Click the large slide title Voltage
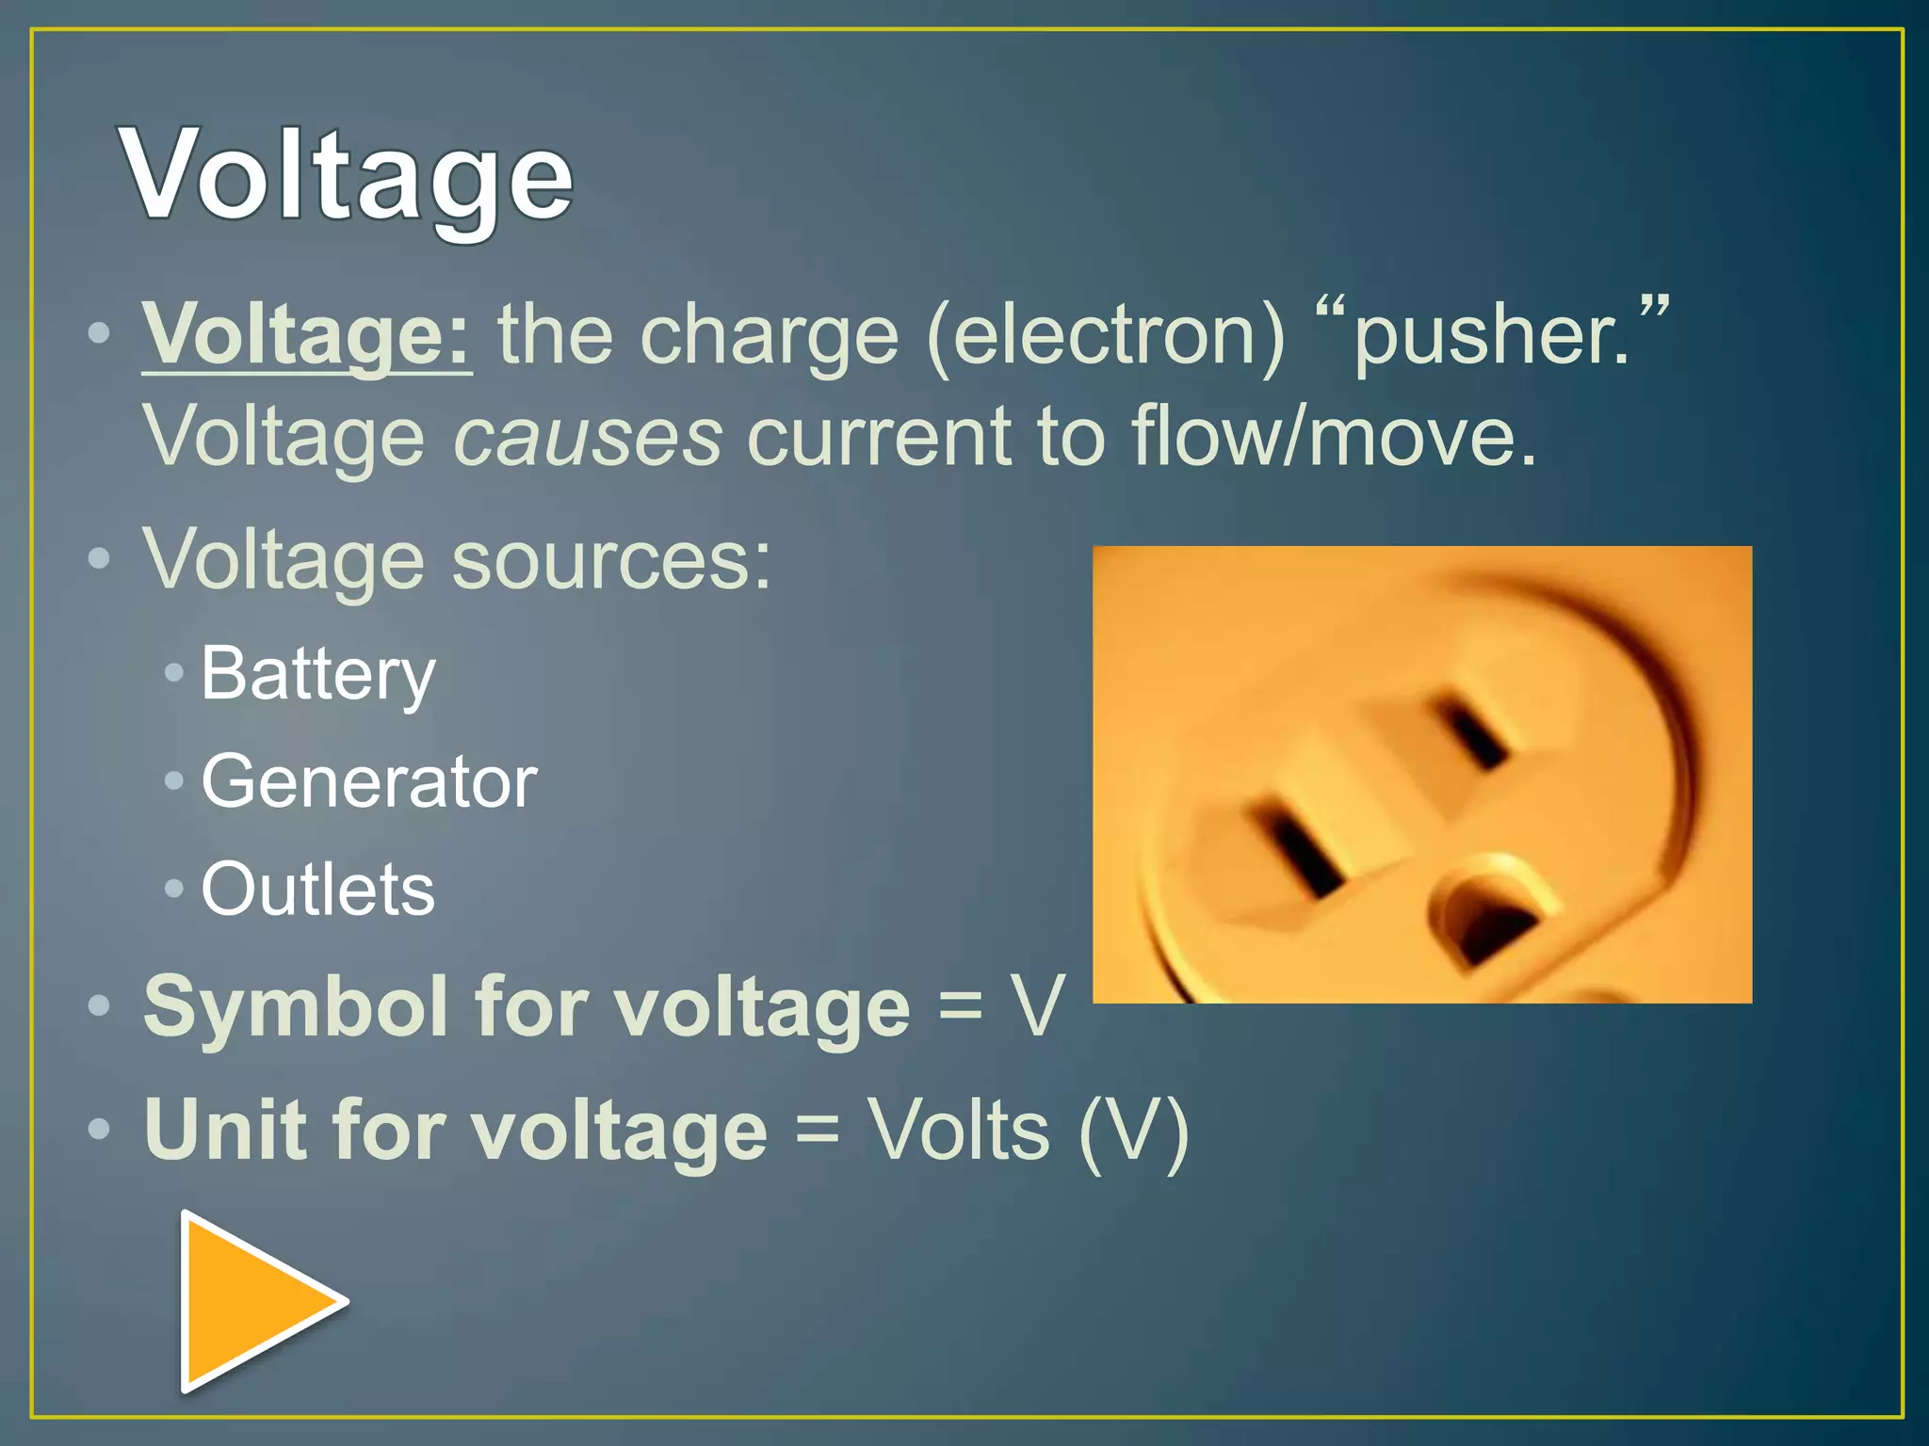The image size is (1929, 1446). [x=346, y=177]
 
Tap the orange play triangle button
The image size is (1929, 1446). [x=254, y=1302]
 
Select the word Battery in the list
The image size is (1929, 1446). [x=318, y=675]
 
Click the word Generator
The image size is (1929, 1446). [x=368, y=782]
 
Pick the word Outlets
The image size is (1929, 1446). [x=318, y=890]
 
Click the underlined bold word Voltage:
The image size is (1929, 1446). [x=306, y=336]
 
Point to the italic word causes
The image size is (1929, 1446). [x=588, y=438]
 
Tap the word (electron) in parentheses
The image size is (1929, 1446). [x=1106, y=336]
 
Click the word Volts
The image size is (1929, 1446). [x=958, y=1130]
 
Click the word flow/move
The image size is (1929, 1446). [x=1333, y=438]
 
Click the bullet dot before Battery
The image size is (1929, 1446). [x=173, y=672]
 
